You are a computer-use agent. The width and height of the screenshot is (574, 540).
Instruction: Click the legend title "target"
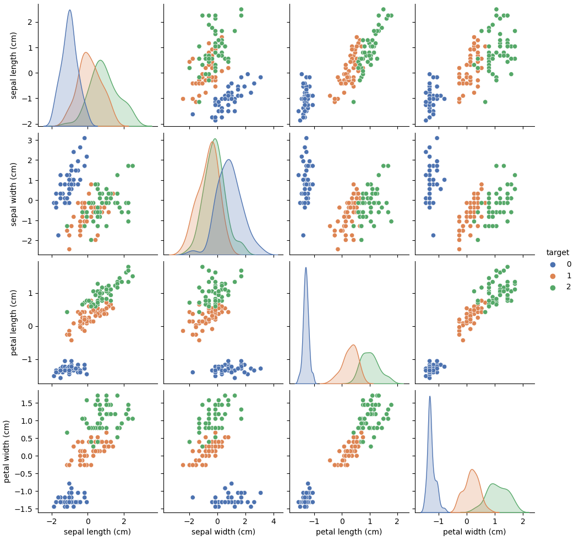(x=557, y=252)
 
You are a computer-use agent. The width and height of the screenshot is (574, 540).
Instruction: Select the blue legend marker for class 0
(x=553, y=264)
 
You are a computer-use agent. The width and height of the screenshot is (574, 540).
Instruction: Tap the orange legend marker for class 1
(x=553, y=276)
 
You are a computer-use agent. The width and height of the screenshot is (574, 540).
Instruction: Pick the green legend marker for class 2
(x=553, y=287)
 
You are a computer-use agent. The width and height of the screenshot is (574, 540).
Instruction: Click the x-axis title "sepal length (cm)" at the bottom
(x=97, y=532)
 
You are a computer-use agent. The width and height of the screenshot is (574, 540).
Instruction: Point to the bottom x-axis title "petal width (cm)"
(x=474, y=532)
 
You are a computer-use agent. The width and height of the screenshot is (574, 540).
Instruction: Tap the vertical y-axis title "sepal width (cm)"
(x=14, y=193)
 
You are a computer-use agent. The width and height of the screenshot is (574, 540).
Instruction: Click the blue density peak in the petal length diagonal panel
(x=306, y=268)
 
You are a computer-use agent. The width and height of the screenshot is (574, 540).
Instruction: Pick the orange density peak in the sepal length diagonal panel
(x=86, y=53)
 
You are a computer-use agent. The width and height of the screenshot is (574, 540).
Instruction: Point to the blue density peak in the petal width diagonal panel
(x=430, y=397)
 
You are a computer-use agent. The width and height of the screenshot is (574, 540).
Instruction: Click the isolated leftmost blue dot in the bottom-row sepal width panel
(x=193, y=497)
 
